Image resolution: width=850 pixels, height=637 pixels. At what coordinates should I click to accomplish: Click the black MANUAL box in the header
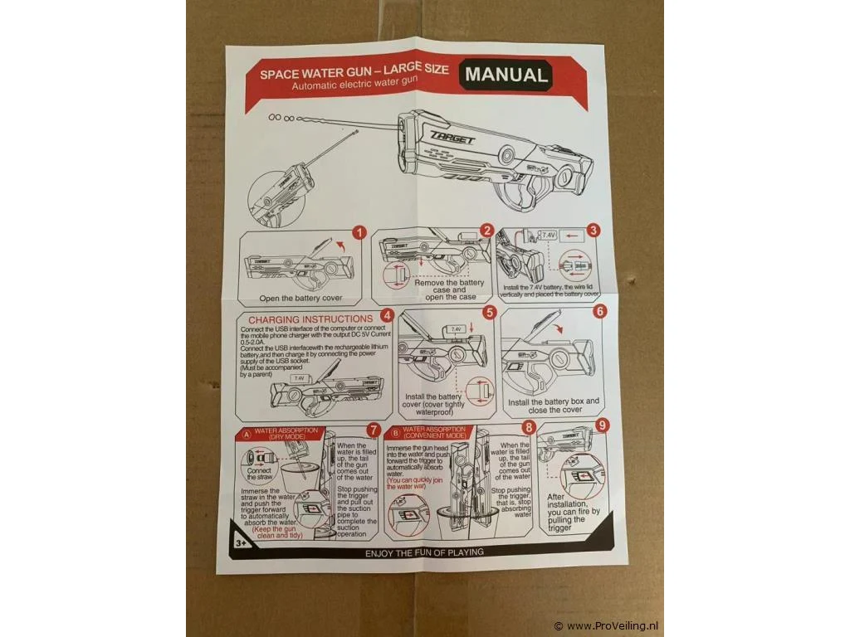tap(506, 75)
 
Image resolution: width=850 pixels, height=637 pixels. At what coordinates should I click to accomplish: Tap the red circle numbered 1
tap(359, 233)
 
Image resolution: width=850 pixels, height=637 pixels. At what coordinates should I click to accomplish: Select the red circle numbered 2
tap(487, 231)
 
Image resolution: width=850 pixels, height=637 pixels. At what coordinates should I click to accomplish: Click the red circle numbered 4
tap(387, 316)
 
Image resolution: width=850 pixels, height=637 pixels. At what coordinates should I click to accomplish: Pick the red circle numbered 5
tap(489, 312)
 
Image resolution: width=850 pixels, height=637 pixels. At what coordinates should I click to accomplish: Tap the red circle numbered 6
tap(599, 312)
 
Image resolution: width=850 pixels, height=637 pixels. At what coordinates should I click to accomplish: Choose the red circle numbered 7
tap(374, 430)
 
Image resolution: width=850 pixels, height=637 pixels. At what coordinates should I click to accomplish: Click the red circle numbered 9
tap(602, 425)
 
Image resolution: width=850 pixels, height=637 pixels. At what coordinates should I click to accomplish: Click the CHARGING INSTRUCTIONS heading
tap(310, 318)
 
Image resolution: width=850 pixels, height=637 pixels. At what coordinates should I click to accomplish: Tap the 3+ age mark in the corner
tap(241, 542)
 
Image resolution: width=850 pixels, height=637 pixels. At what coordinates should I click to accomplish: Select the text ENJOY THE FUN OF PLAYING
tap(424, 552)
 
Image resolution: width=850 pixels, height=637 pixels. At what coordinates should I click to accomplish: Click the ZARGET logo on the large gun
tap(452, 139)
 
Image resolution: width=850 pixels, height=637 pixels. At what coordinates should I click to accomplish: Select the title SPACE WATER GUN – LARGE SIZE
tap(354, 73)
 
